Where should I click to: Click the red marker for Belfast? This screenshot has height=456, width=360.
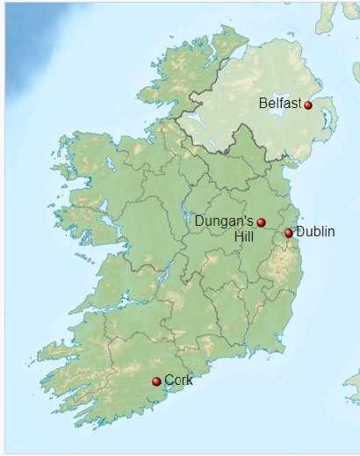click(308, 105)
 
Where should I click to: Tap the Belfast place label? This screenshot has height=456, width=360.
click(280, 104)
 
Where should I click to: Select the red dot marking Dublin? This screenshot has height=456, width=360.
click(289, 233)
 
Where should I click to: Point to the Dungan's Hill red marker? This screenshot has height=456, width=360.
click(261, 222)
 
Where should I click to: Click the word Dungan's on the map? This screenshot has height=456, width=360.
click(224, 220)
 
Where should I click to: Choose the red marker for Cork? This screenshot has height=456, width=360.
click(156, 381)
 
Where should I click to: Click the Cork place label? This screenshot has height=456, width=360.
click(178, 380)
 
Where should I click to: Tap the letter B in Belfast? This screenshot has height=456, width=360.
click(263, 104)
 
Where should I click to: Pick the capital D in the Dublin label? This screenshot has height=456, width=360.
click(300, 231)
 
